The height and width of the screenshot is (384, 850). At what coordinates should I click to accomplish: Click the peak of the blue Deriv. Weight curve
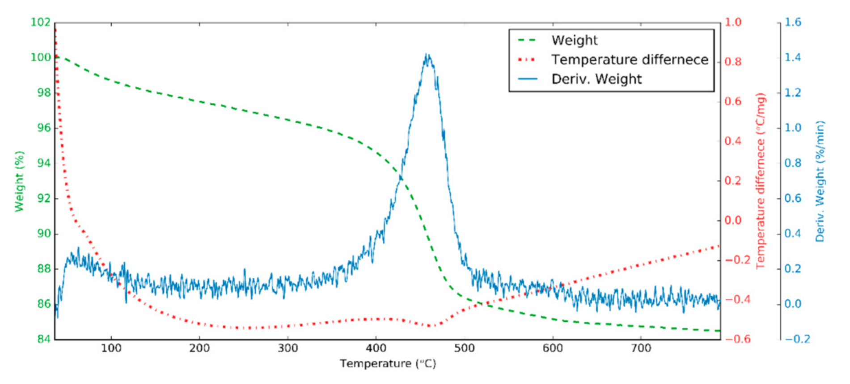coord(427,55)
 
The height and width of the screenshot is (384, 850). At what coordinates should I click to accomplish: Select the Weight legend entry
coord(574,40)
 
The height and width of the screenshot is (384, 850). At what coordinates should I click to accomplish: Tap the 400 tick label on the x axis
coord(376,348)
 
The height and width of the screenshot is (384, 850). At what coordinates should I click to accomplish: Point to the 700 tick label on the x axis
coord(641,348)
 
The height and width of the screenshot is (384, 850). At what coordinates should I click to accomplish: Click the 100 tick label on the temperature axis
coord(111,348)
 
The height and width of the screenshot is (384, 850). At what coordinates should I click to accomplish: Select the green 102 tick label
coord(40,22)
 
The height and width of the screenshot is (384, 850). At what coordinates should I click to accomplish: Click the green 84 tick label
coord(43,339)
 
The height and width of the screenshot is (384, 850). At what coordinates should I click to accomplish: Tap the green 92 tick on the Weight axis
coord(43,198)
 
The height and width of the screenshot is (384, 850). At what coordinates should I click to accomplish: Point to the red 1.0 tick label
coord(733,22)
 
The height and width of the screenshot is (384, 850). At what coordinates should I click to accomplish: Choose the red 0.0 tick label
coord(733,220)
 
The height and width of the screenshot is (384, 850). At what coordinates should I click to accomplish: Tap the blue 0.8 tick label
coord(793,163)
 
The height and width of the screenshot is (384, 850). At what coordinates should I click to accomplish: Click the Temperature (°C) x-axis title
coord(387,364)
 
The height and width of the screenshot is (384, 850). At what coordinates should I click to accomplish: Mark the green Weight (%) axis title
coord(19,181)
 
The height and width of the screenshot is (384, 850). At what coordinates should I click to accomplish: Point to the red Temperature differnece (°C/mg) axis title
coord(761,181)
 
